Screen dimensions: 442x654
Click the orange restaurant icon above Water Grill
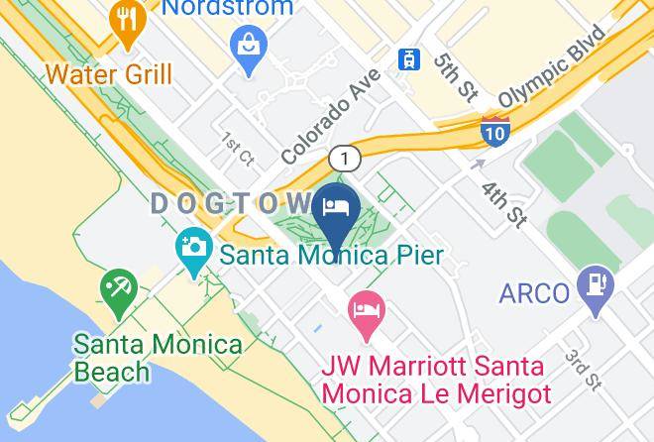[x=126, y=23]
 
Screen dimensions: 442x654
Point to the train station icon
[x=407, y=59]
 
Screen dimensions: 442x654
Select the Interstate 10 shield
[x=495, y=129]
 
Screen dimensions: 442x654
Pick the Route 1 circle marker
[x=344, y=158]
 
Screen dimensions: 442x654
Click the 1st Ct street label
[x=238, y=148]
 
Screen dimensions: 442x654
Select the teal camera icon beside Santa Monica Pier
[x=193, y=246]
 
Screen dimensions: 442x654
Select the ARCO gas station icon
[x=598, y=287]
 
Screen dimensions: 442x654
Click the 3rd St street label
[x=583, y=368]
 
